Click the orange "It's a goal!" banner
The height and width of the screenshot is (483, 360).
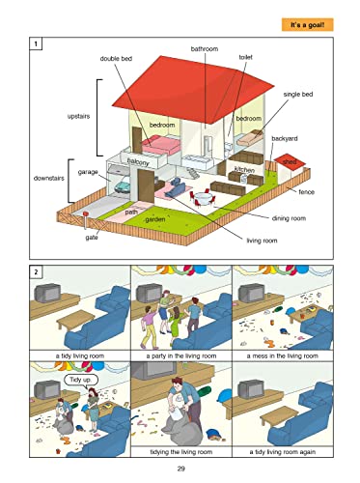click(x=307, y=25)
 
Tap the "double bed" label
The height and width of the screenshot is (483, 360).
click(x=116, y=59)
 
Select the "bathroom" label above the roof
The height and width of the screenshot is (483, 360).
click(x=205, y=49)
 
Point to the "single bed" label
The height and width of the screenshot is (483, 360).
click(x=298, y=95)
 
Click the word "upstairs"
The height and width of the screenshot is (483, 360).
click(x=78, y=116)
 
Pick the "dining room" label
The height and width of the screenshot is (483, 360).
click(x=289, y=218)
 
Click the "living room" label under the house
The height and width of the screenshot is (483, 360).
click(x=262, y=241)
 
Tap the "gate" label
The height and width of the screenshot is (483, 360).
click(x=92, y=238)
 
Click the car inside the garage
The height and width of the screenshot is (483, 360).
click(x=123, y=186)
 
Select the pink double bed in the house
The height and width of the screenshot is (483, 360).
click(x=161, y=145)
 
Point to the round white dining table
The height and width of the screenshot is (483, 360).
click(x=203, y=197)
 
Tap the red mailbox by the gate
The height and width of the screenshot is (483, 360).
click(x=86, y=213)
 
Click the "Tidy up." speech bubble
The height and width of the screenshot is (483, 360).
click(x=80, y=380)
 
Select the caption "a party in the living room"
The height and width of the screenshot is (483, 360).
click(x=181, y=355)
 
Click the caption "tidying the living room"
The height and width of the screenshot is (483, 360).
click(x=181, y=452)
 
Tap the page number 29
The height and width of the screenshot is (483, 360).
click(x=181, y=469)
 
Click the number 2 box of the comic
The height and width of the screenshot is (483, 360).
click(x=36, y=271)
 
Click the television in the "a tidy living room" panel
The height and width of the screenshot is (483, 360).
click(x=47, y=293)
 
